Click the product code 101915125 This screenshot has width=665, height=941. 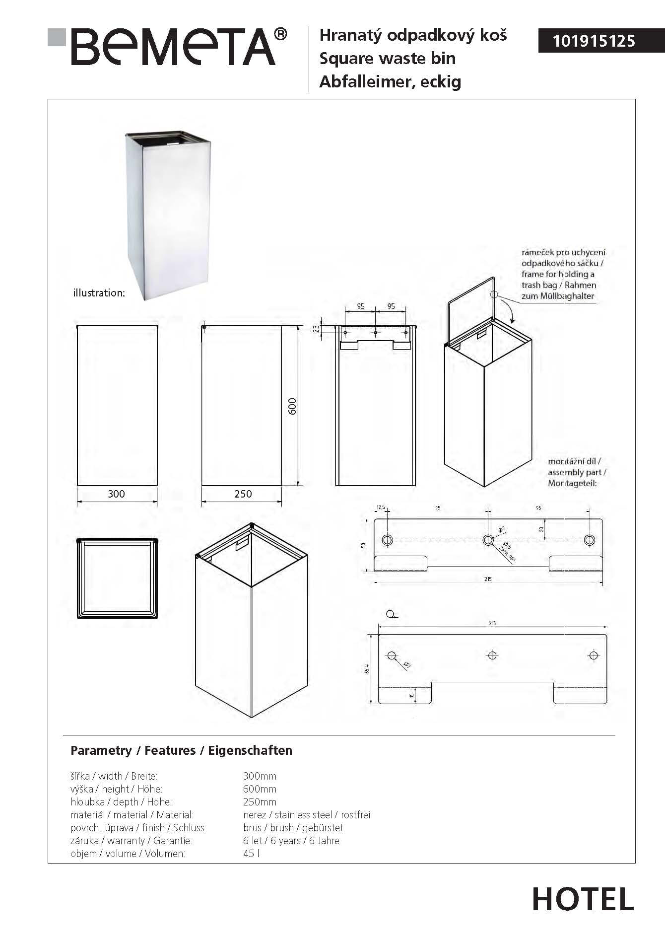(594, 40)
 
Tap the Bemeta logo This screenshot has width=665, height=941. (169, 47)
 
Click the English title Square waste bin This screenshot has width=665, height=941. (387, 59)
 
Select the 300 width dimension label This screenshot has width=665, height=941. (116, 494)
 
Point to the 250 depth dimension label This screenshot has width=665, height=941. (243, 494)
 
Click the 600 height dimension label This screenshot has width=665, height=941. (292, 406)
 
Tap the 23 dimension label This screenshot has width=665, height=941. (316, 328)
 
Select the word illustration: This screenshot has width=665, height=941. (99, 293)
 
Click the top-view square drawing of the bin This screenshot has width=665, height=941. (117, 578)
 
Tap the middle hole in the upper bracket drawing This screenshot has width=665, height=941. (488, 540)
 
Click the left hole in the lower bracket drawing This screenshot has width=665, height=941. (392, 655)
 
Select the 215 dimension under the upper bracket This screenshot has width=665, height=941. (488, 579)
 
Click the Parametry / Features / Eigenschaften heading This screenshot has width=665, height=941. (181, 750)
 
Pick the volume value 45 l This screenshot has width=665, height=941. (251, 854)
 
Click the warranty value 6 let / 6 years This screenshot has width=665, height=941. (291, 841)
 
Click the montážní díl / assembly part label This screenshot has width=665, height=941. (577, 472)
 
